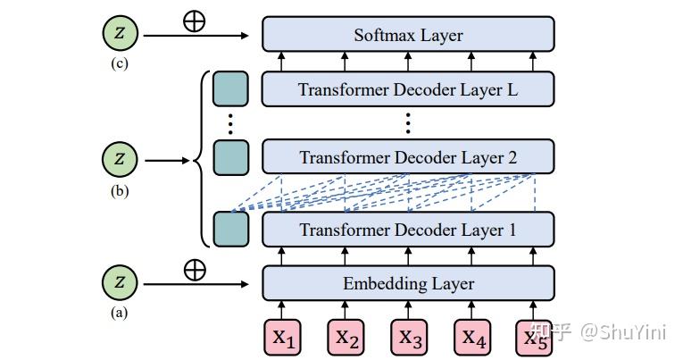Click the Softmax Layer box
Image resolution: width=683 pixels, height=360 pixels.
coord(408,35)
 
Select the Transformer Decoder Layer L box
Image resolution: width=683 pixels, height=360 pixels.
coord(408,89)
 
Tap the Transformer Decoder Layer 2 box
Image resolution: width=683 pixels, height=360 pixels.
coord(408,157)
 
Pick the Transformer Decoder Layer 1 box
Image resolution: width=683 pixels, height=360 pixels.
coord(408,230)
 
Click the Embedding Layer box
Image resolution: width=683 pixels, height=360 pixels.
coord(408,283)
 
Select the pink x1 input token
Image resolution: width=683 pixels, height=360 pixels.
coord(283,337)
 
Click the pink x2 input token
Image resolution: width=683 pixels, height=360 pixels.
coord(346,337)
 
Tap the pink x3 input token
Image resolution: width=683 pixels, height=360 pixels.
coord(409,337)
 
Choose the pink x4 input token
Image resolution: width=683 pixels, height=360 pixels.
coord(472,337)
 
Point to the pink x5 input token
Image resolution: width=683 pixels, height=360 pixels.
coord(535,337)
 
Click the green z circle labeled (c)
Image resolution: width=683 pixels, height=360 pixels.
coord(121,35)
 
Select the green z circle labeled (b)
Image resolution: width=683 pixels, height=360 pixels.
coord(121,160)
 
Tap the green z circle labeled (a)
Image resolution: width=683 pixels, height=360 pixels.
coord(121,284)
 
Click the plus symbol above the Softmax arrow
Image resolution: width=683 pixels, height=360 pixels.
coord(194,21)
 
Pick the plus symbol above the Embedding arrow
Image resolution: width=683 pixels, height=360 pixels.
coord(194,270)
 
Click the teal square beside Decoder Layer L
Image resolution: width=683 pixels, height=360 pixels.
coord(230,89)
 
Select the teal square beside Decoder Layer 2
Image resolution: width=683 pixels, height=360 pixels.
coord(230,157)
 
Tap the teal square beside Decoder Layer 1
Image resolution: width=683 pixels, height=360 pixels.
coord(230,229)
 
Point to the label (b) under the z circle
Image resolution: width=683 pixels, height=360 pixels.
coord(120,189)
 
